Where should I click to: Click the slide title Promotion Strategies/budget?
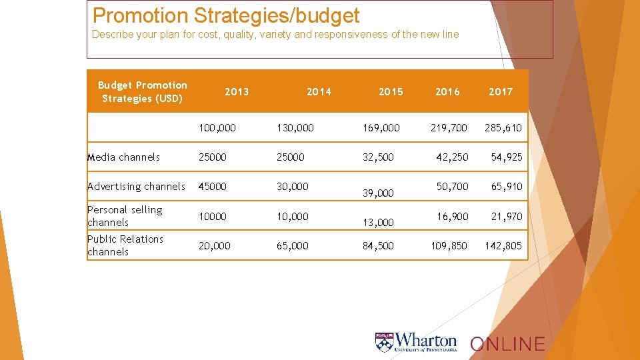click(x=226, y=15)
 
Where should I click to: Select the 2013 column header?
click(x=237, y=92)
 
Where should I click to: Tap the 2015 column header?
click(x=391, y=92)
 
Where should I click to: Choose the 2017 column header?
click(x=501, y=92)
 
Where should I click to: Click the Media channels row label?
click(x=124, y=157)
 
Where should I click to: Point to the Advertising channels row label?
click(x=136, y=187)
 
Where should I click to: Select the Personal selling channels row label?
click(x=125, y=216)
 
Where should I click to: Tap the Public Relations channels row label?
click(x=125, y=245)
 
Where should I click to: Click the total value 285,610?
click(x=503, y=127)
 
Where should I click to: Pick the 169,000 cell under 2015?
click(x=381, y=127)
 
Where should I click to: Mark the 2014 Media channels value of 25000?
click(x=291, y=157)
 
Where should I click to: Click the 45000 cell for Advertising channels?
click(x=213, y=187)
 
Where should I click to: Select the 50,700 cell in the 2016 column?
click(x=452, y=187)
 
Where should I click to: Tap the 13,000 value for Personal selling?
click(x=378, y=223)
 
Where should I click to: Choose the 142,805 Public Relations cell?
click(x=503, y=246)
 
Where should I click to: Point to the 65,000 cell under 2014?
click(x=293, y=246)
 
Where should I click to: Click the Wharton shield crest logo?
click(x=384, y=343)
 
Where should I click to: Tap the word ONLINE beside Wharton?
click(x=507, y=344)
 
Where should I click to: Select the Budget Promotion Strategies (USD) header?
click(x=142, y=92)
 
